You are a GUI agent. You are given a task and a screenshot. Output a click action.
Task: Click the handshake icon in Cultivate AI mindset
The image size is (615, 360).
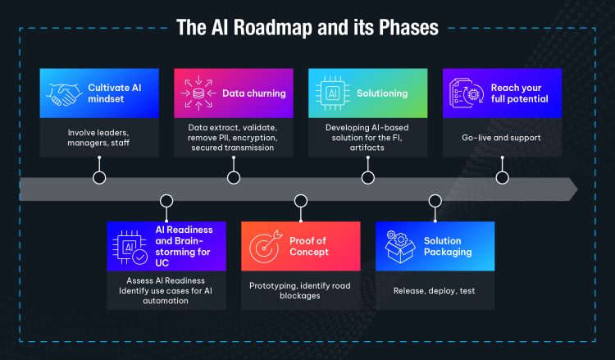64,93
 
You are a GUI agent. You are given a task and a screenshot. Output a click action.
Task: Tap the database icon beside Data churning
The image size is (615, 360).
198,93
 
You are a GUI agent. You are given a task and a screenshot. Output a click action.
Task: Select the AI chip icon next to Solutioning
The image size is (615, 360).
333,93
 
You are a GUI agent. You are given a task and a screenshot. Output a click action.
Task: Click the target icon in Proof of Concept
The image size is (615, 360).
266,246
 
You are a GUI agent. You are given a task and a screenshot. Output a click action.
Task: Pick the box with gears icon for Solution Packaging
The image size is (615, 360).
399,246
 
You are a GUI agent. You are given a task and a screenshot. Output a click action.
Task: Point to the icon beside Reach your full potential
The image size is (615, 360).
467,93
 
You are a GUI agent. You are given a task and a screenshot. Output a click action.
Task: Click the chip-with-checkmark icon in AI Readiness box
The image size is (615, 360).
130,247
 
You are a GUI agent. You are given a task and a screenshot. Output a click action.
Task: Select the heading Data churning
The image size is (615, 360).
254,93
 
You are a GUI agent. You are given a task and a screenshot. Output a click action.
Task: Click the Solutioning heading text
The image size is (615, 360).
382,93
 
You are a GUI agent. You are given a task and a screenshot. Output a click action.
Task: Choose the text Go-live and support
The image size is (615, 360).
501,138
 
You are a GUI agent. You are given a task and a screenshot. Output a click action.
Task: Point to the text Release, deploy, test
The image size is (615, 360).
434,290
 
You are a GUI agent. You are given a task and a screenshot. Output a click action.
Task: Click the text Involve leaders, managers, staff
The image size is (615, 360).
98,138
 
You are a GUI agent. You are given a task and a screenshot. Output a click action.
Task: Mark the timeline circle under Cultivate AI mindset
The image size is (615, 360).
99,178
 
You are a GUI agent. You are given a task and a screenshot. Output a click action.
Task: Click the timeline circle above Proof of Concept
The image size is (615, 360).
301,201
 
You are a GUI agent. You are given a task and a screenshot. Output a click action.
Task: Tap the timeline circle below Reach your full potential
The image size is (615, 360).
503,178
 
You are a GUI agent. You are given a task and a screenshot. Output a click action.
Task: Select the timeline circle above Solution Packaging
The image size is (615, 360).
435,201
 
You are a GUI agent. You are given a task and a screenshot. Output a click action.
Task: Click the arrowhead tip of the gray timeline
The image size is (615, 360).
577,189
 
